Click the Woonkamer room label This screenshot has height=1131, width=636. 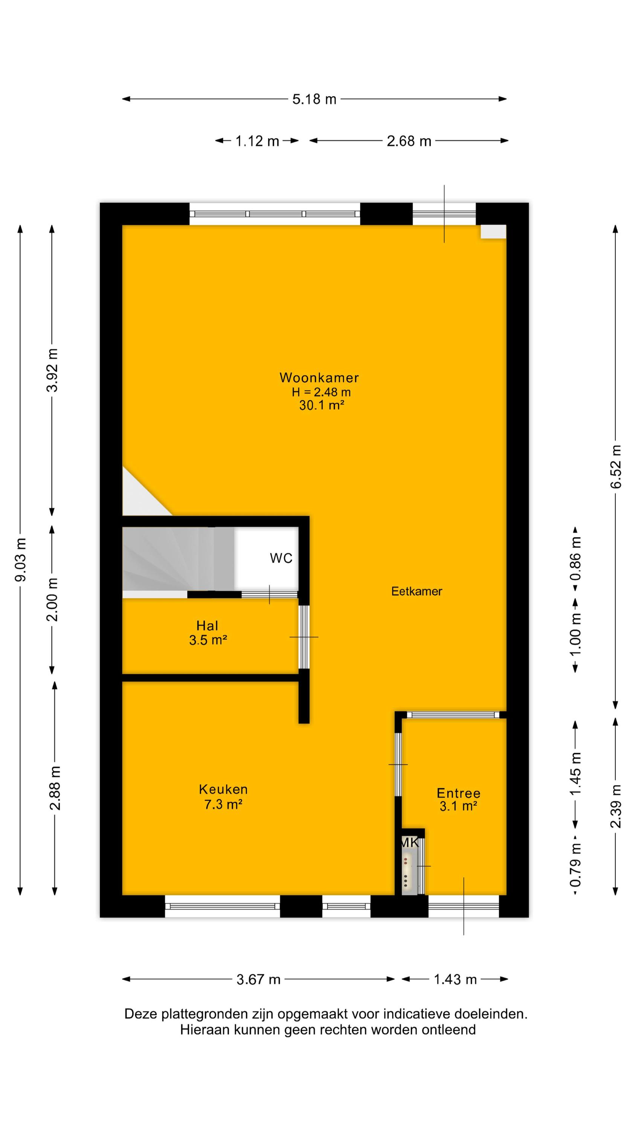coord(319,378)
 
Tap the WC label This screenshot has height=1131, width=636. coord(281,558)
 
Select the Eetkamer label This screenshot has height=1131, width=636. coord(417,591)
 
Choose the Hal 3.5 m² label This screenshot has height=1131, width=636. coord(208,633)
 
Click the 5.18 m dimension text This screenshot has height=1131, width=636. coord(314,99)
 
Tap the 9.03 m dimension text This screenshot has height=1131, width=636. coord(21,560)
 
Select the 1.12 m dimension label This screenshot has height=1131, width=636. coord(257,141)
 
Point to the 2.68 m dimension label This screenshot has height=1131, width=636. coord(409,141)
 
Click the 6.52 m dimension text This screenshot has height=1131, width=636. coord(616,467)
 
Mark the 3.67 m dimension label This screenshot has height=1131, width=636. coord(258,979)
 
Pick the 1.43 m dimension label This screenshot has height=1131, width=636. coord(455,979)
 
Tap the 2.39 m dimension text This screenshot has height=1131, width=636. coord(616,806)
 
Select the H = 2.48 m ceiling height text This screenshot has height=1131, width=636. coord(321,392)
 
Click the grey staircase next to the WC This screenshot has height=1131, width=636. coord(178,558)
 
